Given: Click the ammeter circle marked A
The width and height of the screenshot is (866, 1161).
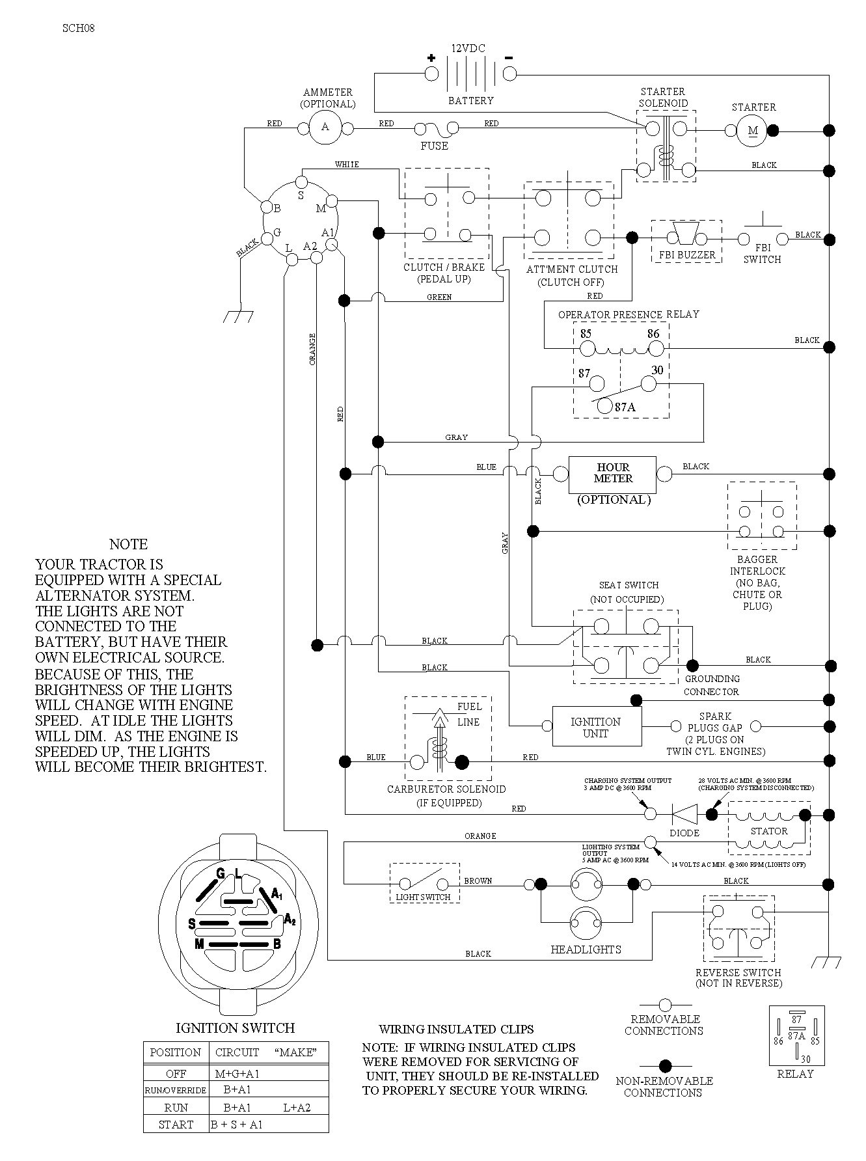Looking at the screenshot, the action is point(325,127).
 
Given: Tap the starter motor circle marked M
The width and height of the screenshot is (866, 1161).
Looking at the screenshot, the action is point(753,131).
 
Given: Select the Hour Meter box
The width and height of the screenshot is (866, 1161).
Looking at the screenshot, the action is point(613,474).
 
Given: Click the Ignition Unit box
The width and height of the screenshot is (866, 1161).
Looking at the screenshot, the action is point(596,726).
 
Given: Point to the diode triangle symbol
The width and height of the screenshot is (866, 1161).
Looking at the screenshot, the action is point(684,814).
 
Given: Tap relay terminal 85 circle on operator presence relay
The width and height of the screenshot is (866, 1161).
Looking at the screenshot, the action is point(588,349).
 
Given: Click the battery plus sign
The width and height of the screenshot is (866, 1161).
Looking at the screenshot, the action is point(431,58).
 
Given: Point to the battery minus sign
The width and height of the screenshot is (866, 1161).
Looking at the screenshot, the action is point(509,57).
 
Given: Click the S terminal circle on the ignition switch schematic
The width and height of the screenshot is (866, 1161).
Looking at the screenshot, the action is point(301,181).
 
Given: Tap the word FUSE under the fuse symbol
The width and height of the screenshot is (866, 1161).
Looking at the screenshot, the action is point(434,146).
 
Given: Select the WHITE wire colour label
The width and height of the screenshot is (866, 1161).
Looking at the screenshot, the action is point(347,165).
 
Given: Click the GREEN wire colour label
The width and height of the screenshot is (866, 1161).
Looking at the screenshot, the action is point(439,297).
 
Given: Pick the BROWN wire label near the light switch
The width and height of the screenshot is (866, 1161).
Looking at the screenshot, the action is point(478,881).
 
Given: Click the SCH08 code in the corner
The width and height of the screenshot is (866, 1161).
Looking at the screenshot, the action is point(79,28).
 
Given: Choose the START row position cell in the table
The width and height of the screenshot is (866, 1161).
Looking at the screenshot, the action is point(176,1125).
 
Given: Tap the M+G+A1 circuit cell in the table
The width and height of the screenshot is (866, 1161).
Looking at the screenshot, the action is point(237,1074).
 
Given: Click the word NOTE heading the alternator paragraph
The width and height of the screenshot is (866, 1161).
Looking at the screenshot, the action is point(128,544).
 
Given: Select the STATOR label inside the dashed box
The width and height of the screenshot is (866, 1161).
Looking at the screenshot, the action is point(769,831).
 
